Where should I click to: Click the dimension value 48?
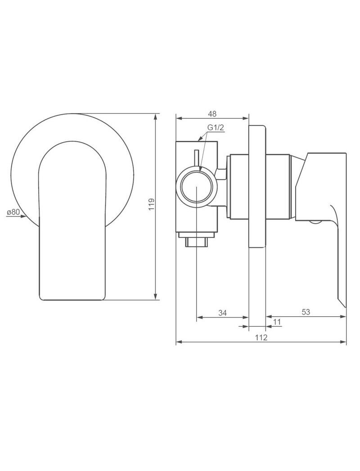click(212, 114)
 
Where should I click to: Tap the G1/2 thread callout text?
click(216, 127)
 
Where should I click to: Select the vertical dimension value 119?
click(152, 204)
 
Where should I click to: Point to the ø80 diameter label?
click(13, 212)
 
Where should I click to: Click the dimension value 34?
click(222, 313)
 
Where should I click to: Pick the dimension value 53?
click(306, 312)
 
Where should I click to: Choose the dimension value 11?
click(277, 322)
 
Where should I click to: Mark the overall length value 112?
click(261, 338)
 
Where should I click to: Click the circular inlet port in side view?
click(196, 187)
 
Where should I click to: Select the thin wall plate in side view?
click(257, 186)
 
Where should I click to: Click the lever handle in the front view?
click(72, 221)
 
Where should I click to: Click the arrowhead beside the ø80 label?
click(23, 216)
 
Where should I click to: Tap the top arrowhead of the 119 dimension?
click(156, 117)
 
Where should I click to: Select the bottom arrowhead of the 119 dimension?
click(156, 296)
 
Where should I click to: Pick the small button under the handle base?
click(315, 223)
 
